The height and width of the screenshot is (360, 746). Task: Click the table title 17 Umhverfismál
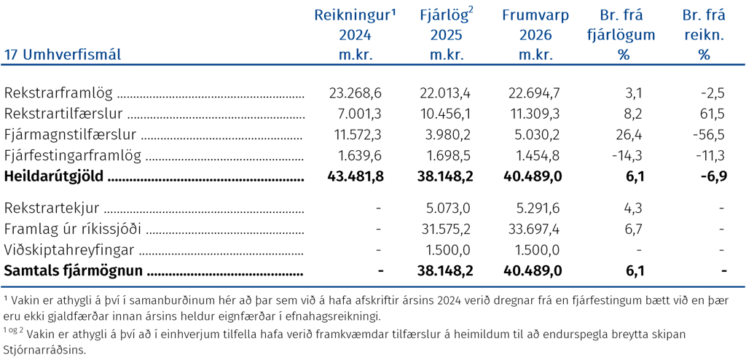63,55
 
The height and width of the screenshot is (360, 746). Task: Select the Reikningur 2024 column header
355,35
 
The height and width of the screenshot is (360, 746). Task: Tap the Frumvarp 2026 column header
535,35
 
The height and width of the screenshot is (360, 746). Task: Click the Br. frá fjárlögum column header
621,35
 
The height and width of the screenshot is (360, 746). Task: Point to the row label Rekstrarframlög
58,93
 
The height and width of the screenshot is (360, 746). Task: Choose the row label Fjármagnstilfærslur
71,135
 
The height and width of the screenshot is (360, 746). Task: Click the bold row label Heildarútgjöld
54,176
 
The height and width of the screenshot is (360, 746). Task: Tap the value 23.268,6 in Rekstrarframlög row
356,93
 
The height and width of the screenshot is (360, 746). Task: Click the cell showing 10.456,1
446,114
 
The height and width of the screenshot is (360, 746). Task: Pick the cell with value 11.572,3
356,135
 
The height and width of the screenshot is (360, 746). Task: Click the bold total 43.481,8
356,176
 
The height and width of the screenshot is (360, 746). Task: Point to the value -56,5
709,135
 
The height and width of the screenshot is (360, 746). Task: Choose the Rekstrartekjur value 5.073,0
448,208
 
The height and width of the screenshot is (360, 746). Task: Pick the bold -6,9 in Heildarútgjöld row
714,176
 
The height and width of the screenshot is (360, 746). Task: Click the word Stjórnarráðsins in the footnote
45,350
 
